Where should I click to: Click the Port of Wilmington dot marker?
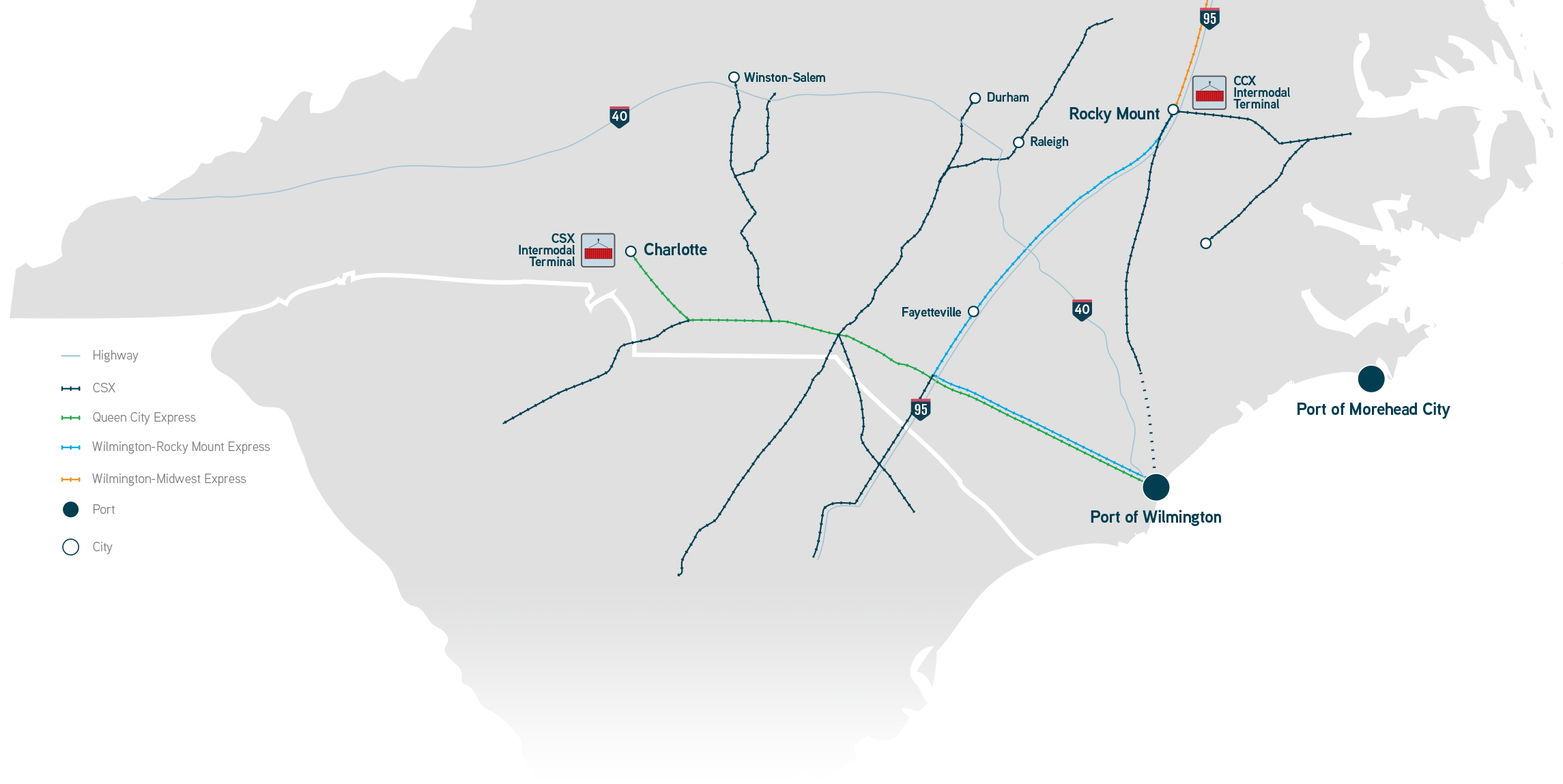click(1156, 487)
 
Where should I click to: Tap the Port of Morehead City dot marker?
click(1371, 379)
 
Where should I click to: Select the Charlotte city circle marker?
click(631, 251)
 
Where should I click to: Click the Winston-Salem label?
click(784, 78)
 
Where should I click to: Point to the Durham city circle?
click(975, 98)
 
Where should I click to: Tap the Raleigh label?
click(1048, 142)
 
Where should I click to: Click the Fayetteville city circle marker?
click(973, 311)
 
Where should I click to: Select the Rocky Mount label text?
click(1114, 114)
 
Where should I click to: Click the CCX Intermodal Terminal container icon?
click(1209, 93)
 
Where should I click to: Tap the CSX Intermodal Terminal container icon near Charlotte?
click(598, 250)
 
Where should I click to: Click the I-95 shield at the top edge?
click(1209, 18)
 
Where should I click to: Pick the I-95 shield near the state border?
click(921, 409)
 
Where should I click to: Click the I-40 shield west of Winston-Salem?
click(619, 117)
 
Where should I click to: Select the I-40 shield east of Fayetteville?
click(1082, 310)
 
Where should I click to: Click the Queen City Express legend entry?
click(144, 418)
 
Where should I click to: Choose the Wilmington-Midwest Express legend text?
click(169, 479)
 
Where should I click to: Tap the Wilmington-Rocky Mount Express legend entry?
click(181, 447)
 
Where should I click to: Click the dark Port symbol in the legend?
click(71, 510)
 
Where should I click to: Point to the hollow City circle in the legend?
click(71, 547)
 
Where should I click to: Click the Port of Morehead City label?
click(1373, 409)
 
